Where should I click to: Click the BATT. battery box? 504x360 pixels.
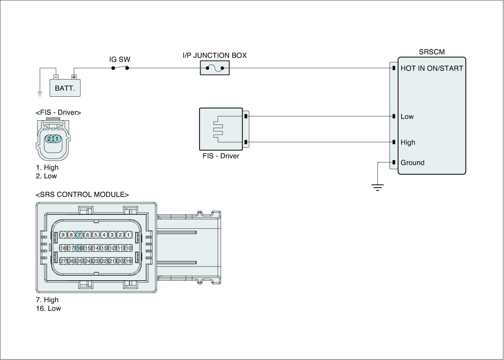pos(65,88)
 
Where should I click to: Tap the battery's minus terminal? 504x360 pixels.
pos(56,77)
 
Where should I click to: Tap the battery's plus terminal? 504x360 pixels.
pos(74,77)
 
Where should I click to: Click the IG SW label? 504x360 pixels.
pos(120,60)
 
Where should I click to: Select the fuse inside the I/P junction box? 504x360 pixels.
pos(215,68)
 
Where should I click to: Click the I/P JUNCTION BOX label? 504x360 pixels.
pos(215,55)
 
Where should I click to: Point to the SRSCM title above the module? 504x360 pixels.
pos(432,52)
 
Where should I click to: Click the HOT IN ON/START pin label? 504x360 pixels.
pos(432,68)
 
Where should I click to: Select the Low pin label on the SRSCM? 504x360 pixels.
pos(407,117)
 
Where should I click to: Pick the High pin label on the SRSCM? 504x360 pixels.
pos(408,142)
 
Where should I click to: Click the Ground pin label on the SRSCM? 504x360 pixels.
pos(412,163)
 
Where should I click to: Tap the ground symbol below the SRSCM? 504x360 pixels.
pos(377,187)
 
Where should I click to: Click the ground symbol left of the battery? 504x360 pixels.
pos(40,94)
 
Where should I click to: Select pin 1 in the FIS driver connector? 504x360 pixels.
pos(57,139)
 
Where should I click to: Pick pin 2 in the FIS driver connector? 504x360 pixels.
pos(49,139)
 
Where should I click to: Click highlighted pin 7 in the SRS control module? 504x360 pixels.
pos(80,235)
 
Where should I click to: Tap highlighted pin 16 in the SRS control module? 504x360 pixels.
pos(79,248)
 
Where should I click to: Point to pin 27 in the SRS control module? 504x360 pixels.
pos(63,261)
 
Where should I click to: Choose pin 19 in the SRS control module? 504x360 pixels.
pos(128,261)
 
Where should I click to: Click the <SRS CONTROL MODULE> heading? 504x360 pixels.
pos(82,195)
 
